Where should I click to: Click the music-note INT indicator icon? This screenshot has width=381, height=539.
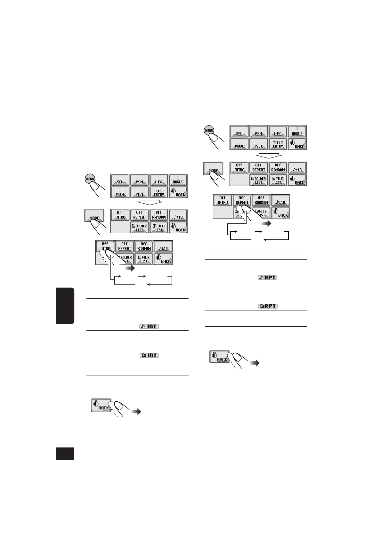(149, 326)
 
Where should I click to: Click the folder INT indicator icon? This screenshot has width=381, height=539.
(149, 355)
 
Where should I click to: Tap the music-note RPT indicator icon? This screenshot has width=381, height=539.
(267, 278)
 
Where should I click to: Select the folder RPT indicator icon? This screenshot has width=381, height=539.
(267, 306)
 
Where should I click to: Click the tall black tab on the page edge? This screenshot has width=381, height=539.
(65, 306)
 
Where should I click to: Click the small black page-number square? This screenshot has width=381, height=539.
(65, 454)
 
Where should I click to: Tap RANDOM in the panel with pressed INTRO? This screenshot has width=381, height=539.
(144, 246)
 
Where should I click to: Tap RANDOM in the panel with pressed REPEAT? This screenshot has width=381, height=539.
(261, 200)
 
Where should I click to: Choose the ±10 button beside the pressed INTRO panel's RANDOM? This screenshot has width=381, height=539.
(163, 246)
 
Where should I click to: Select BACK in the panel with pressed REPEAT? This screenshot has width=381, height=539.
(280, 213)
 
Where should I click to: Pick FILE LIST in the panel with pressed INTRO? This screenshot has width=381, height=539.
(144, 259)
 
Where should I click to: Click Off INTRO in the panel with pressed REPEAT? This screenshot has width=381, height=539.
(223, 200)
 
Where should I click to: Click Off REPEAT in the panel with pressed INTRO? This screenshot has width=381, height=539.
(125, 246)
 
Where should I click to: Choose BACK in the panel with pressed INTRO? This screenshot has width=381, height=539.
(163, 259)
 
